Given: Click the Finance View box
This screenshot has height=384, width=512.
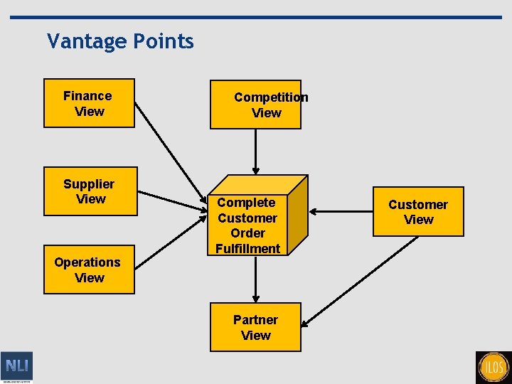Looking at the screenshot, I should [x=89, y=103].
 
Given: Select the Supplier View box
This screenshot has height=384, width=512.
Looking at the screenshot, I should [x=89, y=191].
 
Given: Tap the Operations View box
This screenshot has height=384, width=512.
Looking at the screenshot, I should [x=89, y=270].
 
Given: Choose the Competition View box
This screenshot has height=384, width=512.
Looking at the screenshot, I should [x=255, y=105].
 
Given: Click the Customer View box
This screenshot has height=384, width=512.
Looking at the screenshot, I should [x=418, y=211].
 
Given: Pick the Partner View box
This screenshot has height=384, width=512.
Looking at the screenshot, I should [x=255, y=327].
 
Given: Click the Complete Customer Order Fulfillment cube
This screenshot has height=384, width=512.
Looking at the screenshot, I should [x=249, y=225].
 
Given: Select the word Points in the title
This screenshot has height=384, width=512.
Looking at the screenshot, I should [x=163, y=41].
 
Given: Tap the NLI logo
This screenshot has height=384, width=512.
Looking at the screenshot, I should [x=16, y=367].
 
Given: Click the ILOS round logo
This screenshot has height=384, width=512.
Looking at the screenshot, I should [x=494, y=368].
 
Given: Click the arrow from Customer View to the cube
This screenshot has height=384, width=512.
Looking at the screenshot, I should [x=341, y=211].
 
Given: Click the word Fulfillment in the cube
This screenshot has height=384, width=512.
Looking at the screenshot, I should [x=248, y=248].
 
